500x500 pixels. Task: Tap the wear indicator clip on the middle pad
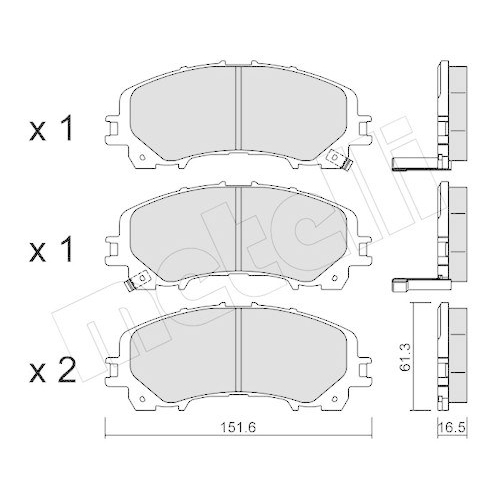point(129,286)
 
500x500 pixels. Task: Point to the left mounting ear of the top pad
point(115,127)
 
